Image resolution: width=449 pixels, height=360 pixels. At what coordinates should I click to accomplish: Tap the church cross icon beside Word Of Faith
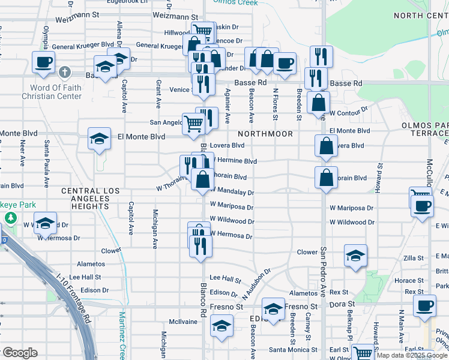(x=65, y=73)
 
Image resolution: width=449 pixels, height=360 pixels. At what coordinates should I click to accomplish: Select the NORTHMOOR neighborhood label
(x=265, y=134)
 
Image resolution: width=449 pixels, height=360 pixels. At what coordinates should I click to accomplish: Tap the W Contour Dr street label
(x=348, y=112)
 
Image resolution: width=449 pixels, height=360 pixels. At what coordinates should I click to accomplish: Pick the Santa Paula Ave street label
(x=46, y=153)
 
